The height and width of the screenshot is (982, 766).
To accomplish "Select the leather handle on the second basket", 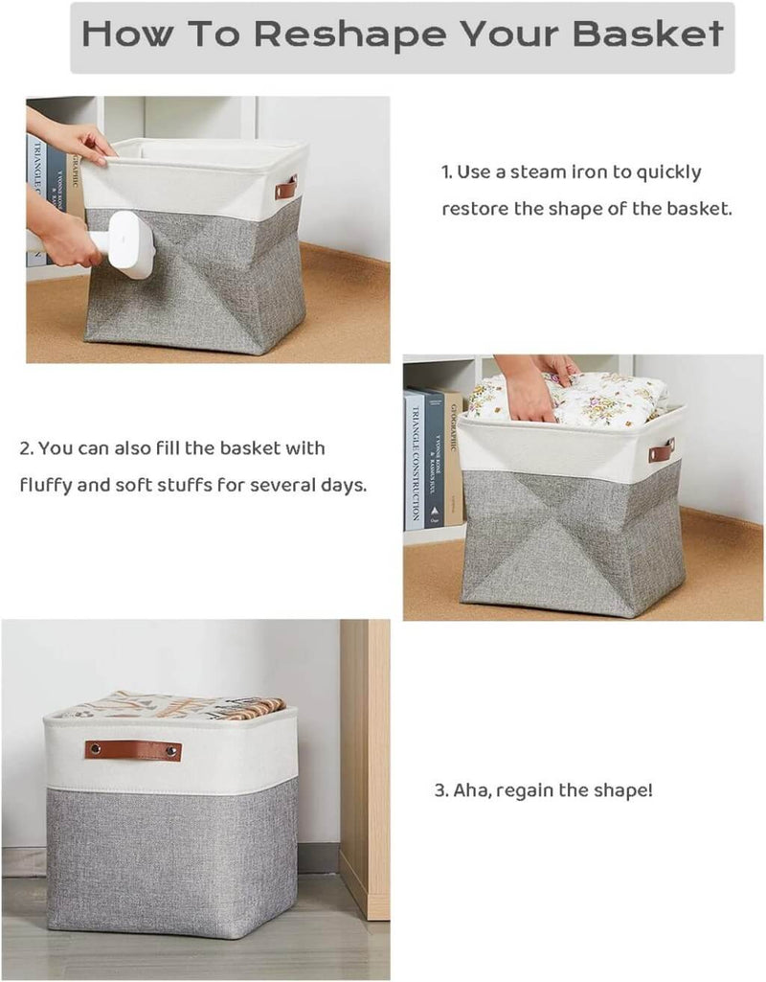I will click(661, 450).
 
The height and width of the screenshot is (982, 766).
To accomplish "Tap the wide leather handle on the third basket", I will click(132, 750).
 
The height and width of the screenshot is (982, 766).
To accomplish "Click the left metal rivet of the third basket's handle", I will click(93, 749).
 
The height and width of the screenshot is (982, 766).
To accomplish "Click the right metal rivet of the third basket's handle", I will click(173, 751).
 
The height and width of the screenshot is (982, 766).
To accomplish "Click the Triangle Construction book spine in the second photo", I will click(414, 460).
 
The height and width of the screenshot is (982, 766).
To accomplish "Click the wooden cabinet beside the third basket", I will click(364, 766).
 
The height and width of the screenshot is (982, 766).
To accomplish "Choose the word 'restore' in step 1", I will click(475, 209).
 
